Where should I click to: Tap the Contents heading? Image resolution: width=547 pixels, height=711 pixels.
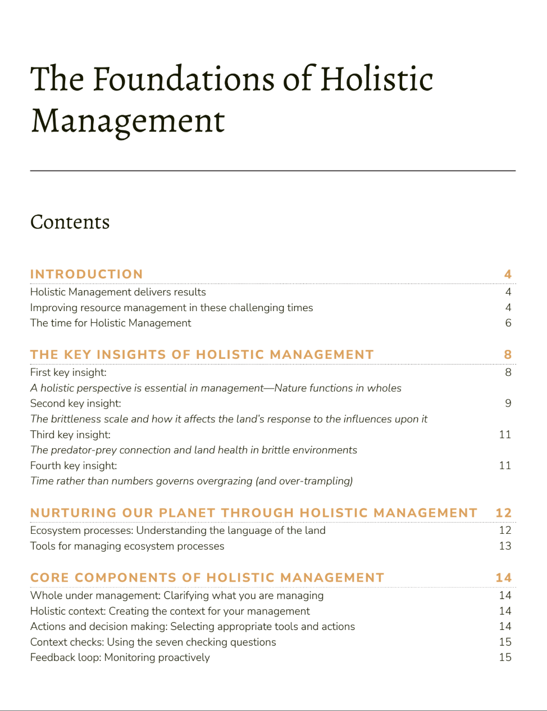coord(70,222)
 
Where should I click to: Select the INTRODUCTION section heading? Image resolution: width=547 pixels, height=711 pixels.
coord(86,274)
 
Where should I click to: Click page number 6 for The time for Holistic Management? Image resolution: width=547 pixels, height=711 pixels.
coord(508,323)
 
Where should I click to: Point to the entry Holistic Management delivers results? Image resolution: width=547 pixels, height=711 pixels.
coord(118,292)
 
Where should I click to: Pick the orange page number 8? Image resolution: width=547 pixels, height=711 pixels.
coord(508,354)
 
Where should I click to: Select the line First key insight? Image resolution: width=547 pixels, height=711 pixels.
coord(68,372)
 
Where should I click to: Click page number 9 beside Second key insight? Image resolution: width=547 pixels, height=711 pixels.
coord(508,403)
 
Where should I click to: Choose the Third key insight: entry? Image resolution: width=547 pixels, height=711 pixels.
coord(70,434)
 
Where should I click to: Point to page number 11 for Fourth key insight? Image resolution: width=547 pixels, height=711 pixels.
coord(505,465)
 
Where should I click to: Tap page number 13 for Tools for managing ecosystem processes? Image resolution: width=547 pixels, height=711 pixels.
coord(505,546)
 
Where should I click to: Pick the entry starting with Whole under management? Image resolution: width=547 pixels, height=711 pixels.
coord(177,596)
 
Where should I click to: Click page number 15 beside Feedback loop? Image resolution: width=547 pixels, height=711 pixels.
coord(505,657)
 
